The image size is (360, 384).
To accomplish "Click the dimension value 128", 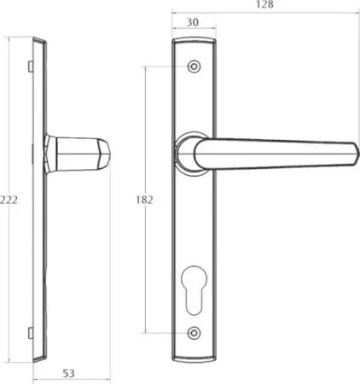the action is click(264, 4).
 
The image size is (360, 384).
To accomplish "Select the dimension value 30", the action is click(193, 22).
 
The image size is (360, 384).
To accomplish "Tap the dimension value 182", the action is click(144, 200).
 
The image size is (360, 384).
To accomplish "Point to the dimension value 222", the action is click(9, 200).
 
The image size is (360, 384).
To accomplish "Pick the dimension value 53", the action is click(68, 374).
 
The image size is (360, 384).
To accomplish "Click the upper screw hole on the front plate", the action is click(194, 67).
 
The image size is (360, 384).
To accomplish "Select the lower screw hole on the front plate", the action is click(194, 333).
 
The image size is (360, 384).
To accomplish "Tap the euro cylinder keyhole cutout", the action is click(194, 290).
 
